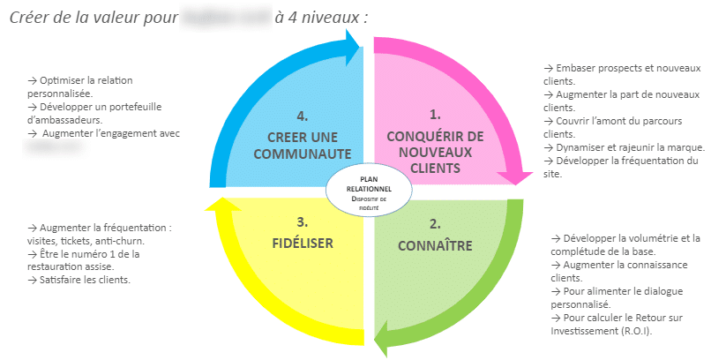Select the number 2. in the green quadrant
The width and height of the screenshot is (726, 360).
coord(434,224)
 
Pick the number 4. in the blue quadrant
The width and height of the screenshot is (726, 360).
coord(303,115)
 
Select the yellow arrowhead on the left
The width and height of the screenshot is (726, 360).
coord(217,207)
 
